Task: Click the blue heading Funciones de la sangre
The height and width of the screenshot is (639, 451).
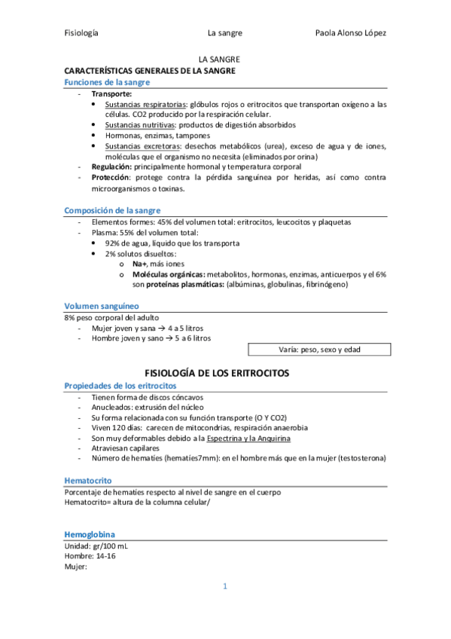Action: click(x=107, y=81)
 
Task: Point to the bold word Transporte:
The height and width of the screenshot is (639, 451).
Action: click(x=112, y=93)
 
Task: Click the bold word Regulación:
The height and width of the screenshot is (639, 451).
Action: click(x=114, y=167)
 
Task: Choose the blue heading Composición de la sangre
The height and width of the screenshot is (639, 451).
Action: click(x=112, y=210)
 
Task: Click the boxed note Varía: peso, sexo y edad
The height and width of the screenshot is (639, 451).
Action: click(x=319, y=350)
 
